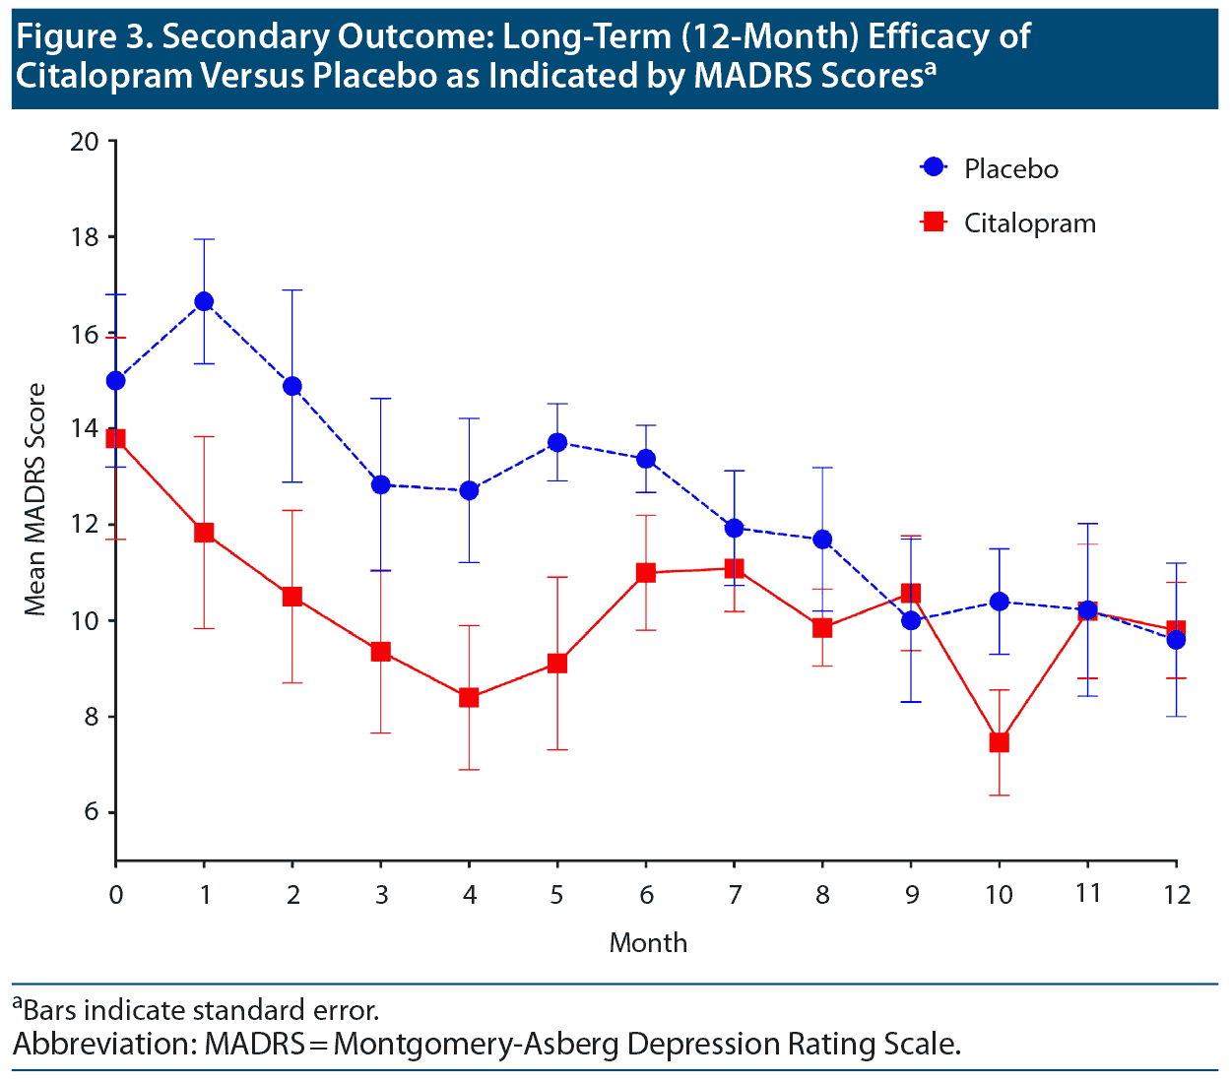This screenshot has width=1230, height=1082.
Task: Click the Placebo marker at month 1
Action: click(204, 301)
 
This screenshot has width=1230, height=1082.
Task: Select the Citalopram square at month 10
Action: click(1000, 742)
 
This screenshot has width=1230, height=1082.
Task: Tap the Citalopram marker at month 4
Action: click(469, 697)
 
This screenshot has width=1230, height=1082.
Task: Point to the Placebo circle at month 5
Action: click(557, 442)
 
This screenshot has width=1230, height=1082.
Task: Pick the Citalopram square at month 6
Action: click(646, 572)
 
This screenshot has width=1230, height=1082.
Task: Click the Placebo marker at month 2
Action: click(292, 386)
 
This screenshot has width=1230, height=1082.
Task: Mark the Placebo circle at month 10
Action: click(1000, 602)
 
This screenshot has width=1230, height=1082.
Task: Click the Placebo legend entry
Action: click(1010, 169)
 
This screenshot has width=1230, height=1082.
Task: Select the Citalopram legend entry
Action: click(1029, 223)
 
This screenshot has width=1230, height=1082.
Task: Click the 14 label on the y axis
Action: click(86, 429)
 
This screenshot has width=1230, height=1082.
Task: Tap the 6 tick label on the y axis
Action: click(92, 812)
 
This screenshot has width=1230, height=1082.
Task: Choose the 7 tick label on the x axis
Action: click(734, 895)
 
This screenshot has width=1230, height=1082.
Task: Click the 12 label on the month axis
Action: click(1176, 895)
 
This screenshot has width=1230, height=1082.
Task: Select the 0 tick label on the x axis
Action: click(116, 895)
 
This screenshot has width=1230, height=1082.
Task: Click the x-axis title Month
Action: click(648, 943)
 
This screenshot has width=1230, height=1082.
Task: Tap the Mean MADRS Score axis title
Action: click(35, 500)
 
